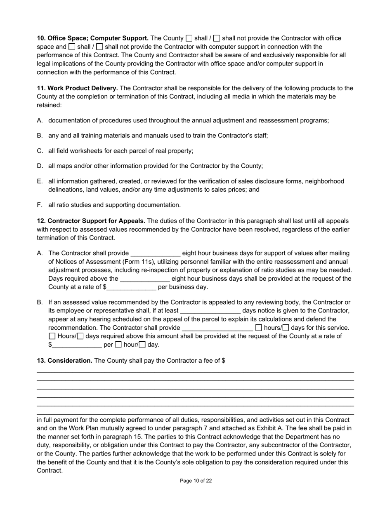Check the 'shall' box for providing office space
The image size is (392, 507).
pyautogui.click(x=189, y=38)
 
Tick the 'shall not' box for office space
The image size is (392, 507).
pyautogui.click(x=217, y=38)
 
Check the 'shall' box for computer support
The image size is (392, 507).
pyautogui.click(x=72, y=47)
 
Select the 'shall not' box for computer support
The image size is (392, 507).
pyautogui.click(x=99, y=47)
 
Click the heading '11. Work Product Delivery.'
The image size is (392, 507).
pyautogui.click(x=78, y=88)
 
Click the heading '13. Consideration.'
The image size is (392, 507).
pyautogui.click(x=65, y=361)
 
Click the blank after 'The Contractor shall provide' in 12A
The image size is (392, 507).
pyautogui.click(x=155, y=253)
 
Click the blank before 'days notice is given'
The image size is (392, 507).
pyautogui.click(x=210, y=311)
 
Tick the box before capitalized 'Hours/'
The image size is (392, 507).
pyautogui.click(x=52, y=336)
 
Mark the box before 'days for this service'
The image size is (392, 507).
pyautogui.click(x=286, y=328)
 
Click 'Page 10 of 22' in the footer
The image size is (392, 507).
pyautogui.click(x=196, y=481)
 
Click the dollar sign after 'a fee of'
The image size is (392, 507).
pyautogui.click(x=223, y=361)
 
